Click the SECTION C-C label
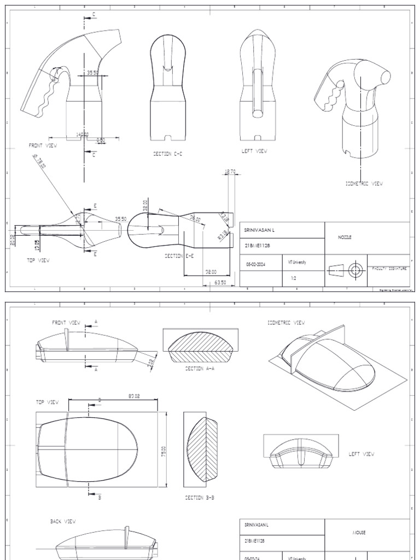[x=167, y=154]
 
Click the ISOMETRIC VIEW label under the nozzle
[x=364, y=184]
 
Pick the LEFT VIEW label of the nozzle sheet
[x=254, y=151]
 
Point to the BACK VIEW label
[x=63, y=522]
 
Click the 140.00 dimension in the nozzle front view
[x=82, y=133]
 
